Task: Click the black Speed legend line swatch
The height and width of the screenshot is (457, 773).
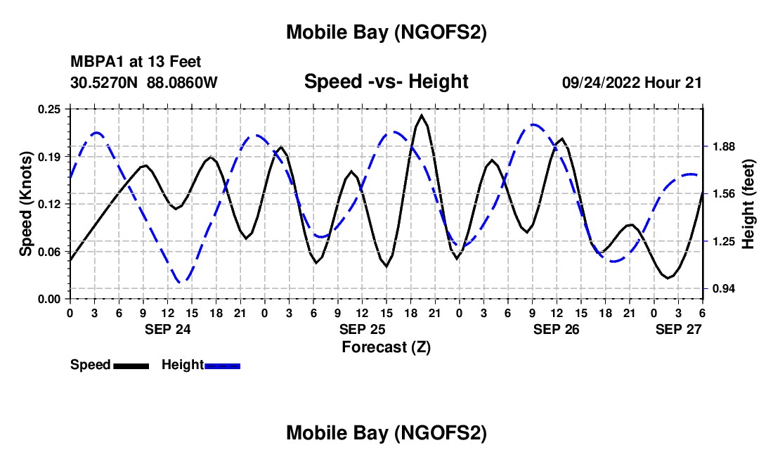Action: tap(131, 366)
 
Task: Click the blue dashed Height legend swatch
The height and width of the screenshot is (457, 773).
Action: tap(222, 366)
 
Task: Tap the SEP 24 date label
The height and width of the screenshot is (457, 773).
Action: tap(167, 329)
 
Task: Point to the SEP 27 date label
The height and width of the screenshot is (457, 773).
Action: tap(680, 329)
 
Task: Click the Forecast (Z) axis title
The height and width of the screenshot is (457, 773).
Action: tap(386, 347)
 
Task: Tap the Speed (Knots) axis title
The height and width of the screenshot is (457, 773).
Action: tap(26, 204)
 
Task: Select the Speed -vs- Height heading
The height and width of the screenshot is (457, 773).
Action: tap(386, 82)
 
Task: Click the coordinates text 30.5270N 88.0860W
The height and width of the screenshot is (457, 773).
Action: tap(144, 82)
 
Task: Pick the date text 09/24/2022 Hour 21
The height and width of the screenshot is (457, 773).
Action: tap(632, 82)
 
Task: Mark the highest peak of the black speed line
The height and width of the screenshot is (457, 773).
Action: tap(422, 115)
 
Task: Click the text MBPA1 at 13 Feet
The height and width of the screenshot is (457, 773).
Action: tap(136, 62)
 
